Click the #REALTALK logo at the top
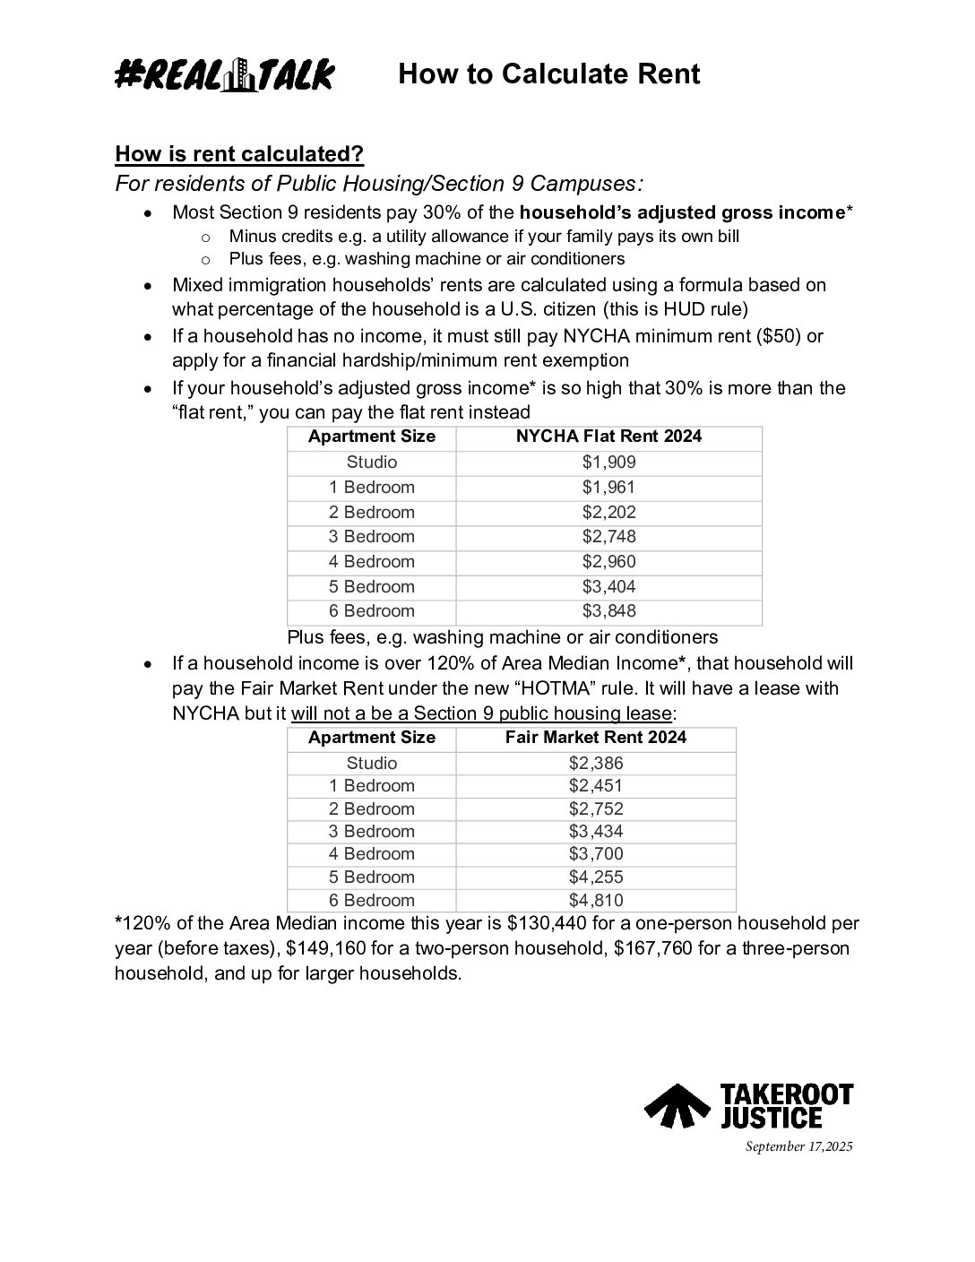(x=224, y=74)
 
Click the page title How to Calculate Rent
(x=548, y=73)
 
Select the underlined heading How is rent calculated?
(x=239, y=154)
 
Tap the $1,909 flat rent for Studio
(x=608, y=462)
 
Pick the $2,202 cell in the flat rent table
(x=608, y=513)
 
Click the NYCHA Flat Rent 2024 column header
(x=608, y=437)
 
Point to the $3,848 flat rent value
(x=608, y=611)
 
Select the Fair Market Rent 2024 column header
(x=596, y=738)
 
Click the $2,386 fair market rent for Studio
(x=596, y=764)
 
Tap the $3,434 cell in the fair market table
(x=596, y=832)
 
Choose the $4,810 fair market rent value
(x=596, y=901)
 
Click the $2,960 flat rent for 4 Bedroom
(x=608, y=562)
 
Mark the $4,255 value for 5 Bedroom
(x=596, y=877)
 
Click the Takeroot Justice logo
(x=748, y=1105)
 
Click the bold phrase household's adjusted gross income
(x=682, y=212)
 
